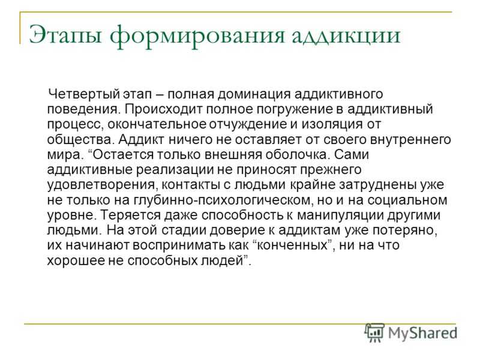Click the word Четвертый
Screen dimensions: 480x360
(84, 94)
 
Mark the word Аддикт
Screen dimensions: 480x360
(142, 140)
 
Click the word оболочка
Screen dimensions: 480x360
(296, 155)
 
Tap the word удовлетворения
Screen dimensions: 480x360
(102, 185)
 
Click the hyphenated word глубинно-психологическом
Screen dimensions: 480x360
(223, 200)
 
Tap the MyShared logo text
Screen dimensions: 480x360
(423, 333)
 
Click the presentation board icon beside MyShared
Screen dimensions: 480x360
(375, 332)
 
